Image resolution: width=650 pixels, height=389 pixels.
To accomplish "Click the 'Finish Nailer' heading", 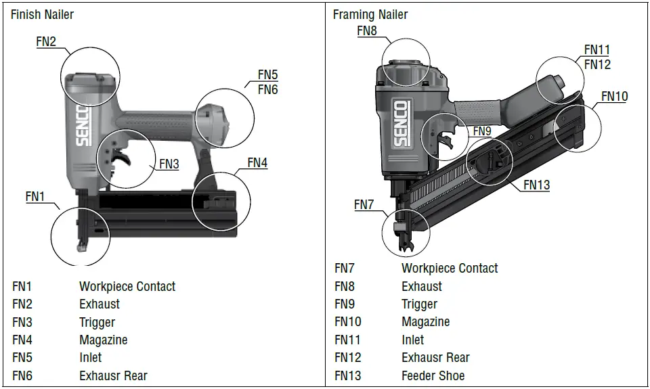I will pyautogui.click(x=42, y=14).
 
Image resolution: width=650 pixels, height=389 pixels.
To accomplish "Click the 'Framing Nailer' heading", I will pyautogui.click(x=370, y=14).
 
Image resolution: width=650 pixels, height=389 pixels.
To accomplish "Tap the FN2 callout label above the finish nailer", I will pyautogui.click(x=46, y=41).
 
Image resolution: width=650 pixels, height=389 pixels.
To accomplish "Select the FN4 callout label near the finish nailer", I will pyautogui.click(x=257, y=162).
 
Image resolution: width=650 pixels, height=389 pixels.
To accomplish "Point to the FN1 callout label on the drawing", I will pyautogui.click(x=35, y=196).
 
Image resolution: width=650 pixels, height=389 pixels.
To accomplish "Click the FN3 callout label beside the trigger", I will pyautogui.click(x=169, y=164).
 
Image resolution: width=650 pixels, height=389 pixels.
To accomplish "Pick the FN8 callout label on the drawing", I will pyautogui.click(x=367, y=31).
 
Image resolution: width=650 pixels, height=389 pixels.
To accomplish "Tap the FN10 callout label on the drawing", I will pyautogui.click(x=615, y=97).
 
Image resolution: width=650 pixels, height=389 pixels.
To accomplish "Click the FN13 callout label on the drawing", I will pyautogui.click(x=537, y=185).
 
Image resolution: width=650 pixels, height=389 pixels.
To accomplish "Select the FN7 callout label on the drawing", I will pyautogui.click(x=364, y=204).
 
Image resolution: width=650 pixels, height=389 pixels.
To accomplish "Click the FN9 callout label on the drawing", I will pyautogui.click(x=482, y=131).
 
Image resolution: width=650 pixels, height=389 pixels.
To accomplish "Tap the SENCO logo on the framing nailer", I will pyautogui.click(x=401, y=123).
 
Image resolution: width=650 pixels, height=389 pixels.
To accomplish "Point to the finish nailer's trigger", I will pyautogui.click(x=122, y=157).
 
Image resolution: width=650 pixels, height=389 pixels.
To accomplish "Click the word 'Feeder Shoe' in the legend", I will pyautogui.click(x=433, y=375).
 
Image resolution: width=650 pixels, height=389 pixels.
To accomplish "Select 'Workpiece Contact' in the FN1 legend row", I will pyautogui.click(x=127, y=286).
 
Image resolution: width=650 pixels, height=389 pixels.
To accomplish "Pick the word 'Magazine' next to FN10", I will pyautogui.click(x=425, y=322).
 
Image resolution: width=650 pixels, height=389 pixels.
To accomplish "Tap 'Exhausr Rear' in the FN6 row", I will pyautogui.click(x=113, y=375).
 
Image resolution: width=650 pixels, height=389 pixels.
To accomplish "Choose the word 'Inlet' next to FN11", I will pyautogui.click(x=412, y=340).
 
